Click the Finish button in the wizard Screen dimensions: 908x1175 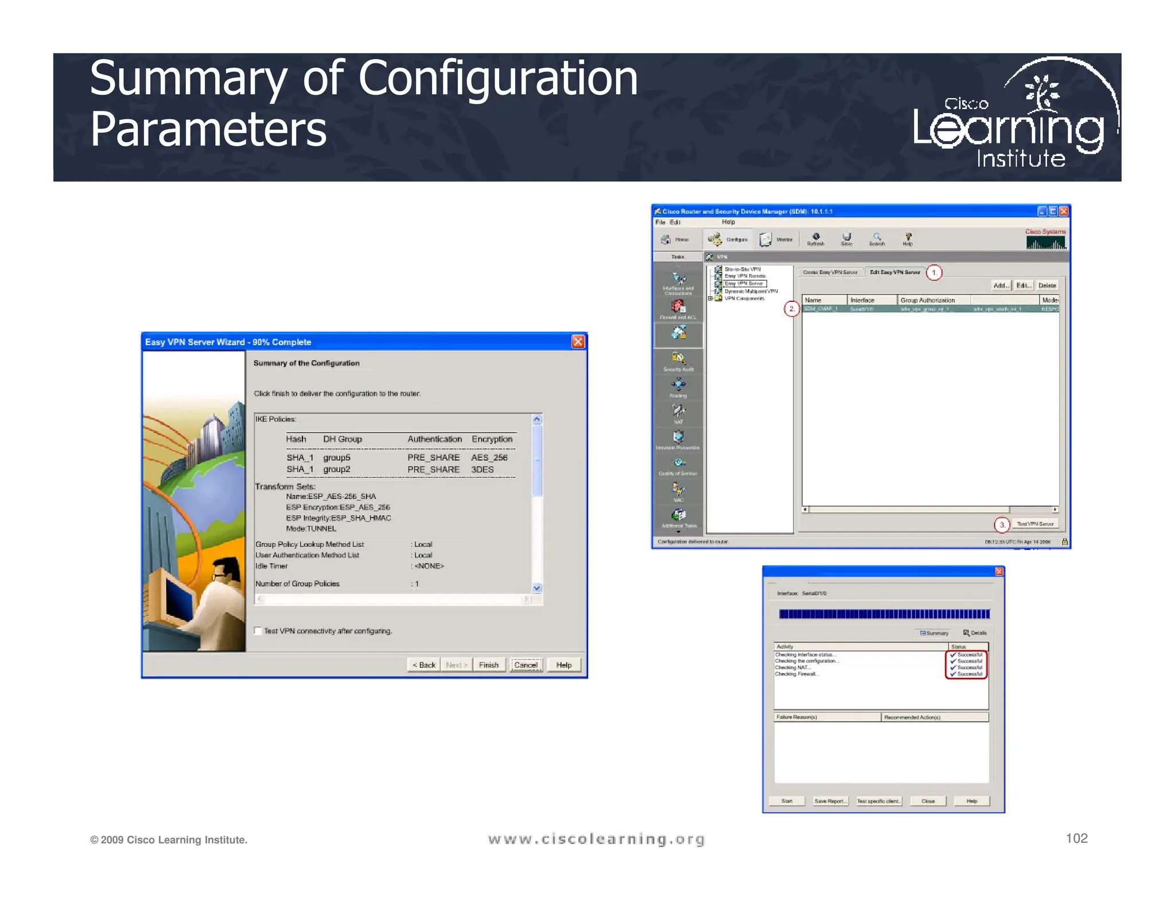[488, 665]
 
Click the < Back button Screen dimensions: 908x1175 [424, 665]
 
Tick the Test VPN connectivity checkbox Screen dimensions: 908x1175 [258, 631]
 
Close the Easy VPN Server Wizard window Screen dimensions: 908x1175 [578, 342]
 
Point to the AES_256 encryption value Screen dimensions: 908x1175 [489, 457]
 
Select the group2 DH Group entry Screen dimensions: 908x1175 [336, 469]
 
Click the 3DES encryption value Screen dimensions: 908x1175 [482, 469]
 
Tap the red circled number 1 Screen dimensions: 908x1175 [934, 273]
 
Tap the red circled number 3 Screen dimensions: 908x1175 [1002, 525]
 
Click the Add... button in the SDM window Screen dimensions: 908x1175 [1001, 285]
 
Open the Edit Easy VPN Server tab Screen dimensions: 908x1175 [894, 273]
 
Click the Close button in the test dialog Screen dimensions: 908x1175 [928, 801]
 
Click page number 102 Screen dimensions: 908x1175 [1076, 839]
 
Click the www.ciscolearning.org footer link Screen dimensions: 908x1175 [596, 839]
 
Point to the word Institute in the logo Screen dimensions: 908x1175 [1021, 158]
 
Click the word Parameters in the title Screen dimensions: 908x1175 [208, 129]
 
